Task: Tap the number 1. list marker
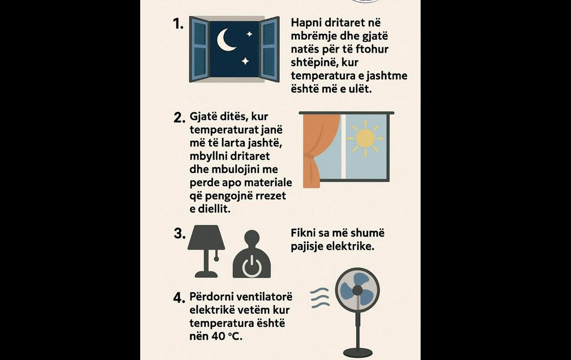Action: pyautogui.click(x=178, y=24)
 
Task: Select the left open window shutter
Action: pyautogui.click(x=199, y=49)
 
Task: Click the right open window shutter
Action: pyautogui.click(x=270, y=49)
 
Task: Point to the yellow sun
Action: pyautogui.click(x=365, y=138)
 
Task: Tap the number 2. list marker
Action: pyautogui.click(x=180, y=118)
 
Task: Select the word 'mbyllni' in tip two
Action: pyautogui.click(x=209, y=156)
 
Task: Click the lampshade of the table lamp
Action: pyautogui.click(x=206, y=237)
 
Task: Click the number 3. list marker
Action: pyautogui.click(x=180, y=233)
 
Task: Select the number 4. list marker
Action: pyautogui.click(x=179, y=298)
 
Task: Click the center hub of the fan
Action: pyautogui.click(x=358, y=290)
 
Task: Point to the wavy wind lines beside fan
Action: pyautogui.click(x=320, y=298)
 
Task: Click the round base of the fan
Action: pyautogui.click(x=358, y=352)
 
